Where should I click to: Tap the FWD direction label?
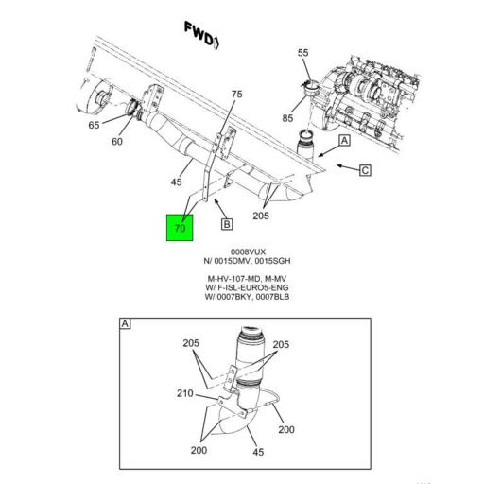click(201, 36)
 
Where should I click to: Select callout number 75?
click(236, 94)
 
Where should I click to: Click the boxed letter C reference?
click(365, 171)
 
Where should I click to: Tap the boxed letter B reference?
click(227, 224)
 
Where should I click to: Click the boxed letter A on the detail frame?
click(125, 324)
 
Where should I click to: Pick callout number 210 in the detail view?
click(184, 393)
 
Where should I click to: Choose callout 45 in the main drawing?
click(176, 182)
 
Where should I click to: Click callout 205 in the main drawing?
click(261, 216)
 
